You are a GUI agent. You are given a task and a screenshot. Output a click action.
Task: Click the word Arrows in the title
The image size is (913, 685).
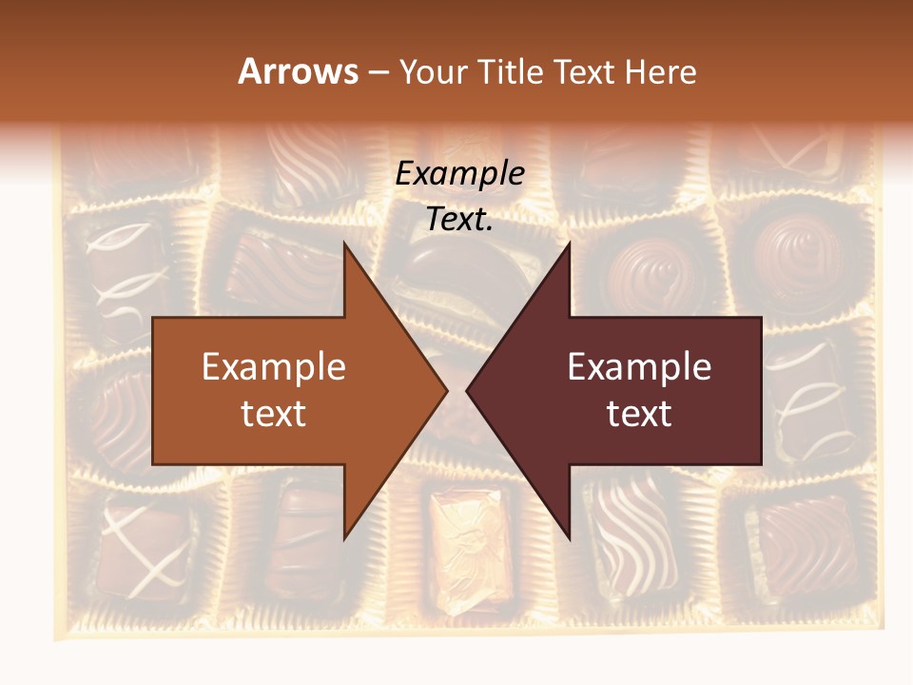pos(298,71)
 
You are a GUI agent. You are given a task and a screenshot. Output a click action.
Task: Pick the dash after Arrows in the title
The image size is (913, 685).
pos(378,73)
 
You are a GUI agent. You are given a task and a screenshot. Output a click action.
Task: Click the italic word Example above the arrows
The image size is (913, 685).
pos(459,173)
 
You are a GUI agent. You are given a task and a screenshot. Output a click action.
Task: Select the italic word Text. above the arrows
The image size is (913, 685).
pos(459,219)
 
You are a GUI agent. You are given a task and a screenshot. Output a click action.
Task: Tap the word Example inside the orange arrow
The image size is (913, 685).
pos(274,367)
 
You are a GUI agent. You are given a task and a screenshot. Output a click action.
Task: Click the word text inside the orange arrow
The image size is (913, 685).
pos(274,413)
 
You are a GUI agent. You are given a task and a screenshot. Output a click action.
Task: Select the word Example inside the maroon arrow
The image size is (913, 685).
pos(639,367)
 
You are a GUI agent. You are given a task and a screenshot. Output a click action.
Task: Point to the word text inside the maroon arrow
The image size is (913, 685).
pos(639,413)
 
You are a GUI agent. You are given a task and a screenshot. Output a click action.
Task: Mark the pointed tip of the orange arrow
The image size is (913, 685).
pos(446,390)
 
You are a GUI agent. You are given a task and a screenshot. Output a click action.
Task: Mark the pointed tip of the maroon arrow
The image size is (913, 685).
pos(468,390)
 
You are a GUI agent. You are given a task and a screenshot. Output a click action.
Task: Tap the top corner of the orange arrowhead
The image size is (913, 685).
pos(344,244)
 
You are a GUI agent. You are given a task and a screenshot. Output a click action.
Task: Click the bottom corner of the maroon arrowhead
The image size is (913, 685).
pos(569,538)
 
